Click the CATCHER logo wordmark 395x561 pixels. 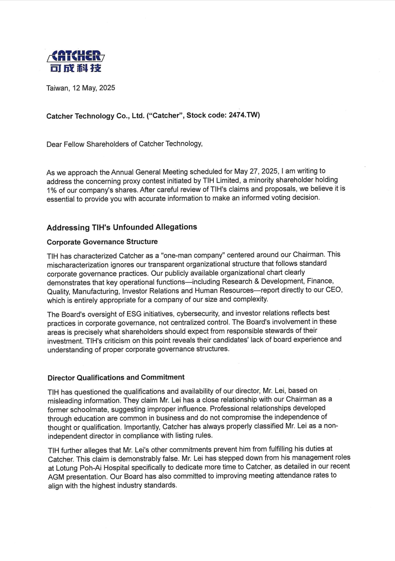(x=76, y=56)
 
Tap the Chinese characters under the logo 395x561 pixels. (x=76, y=68)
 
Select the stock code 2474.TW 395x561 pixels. (x=244, y=115)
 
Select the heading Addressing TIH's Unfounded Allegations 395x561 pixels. (x=122, y=227)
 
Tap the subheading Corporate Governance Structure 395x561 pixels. (x=102, y=242)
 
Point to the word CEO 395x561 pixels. (x=333, y=290)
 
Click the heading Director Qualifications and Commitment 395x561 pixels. (x=116, y=378)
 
